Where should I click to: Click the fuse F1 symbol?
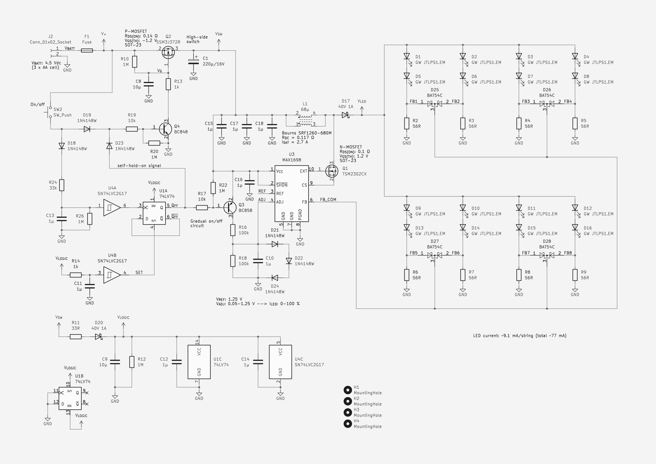click(x=87, y=50)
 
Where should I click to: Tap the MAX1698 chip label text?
click(x=291, y=160)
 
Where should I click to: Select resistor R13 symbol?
click(x=168, y=84)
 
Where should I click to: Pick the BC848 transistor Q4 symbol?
click(x=165, y=129)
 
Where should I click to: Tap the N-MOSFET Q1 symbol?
click(x=332, y=171)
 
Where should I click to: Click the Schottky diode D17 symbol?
click(x=346, y=115)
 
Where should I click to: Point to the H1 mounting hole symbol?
click(x=348, y=390)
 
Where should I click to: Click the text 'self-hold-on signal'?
click(x=139, y=166)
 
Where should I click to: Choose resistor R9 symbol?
click(x=575, y=275)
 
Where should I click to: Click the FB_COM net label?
click(x=328, y=200)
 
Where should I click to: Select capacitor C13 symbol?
click(x=62, y=219)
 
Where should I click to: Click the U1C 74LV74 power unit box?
click(x=199, y=362)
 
